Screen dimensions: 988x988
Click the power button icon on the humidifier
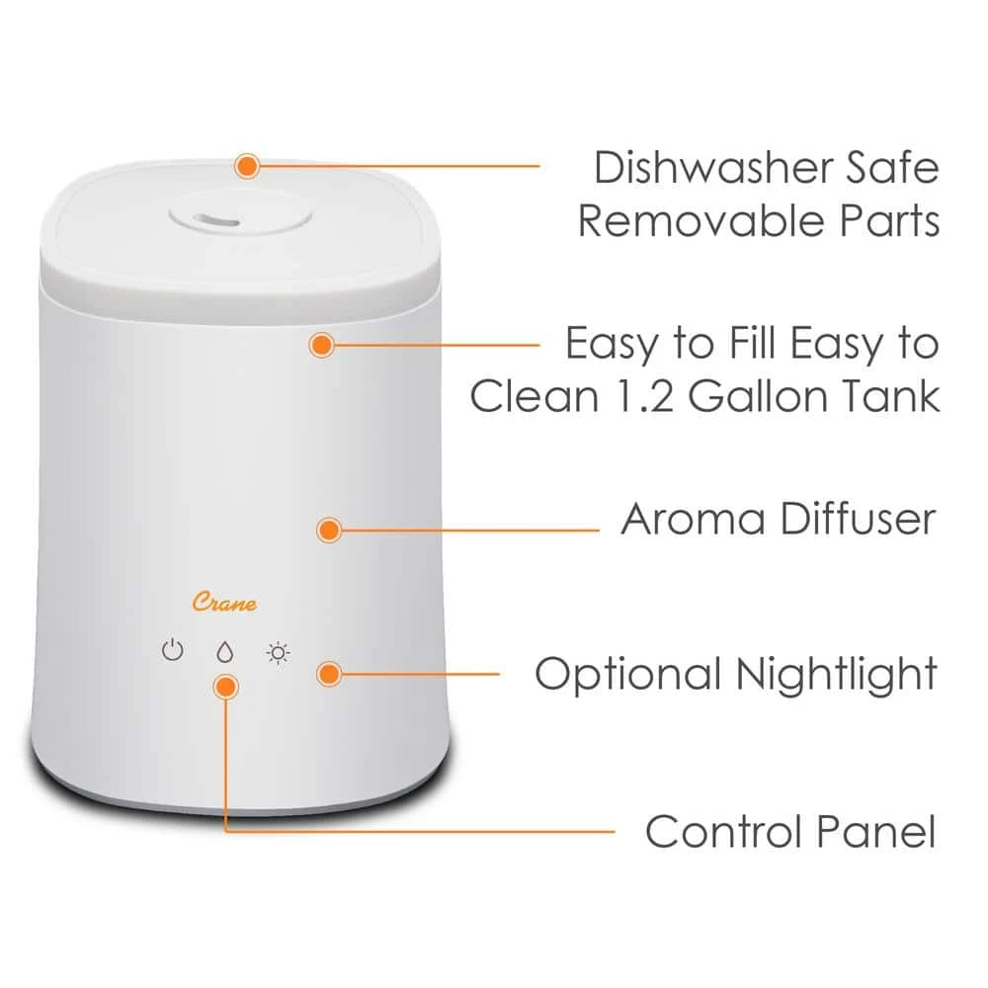173,652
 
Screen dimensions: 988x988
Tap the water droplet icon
225,652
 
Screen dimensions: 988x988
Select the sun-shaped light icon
279,652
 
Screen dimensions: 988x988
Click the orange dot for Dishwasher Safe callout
247,165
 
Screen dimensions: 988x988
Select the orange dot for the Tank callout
321,345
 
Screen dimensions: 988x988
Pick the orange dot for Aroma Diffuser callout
329,530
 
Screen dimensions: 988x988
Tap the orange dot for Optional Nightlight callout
329,674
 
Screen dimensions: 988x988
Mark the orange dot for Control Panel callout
226,686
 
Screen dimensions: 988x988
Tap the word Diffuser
857,520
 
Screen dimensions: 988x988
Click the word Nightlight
836,675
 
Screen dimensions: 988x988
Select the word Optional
628,675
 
